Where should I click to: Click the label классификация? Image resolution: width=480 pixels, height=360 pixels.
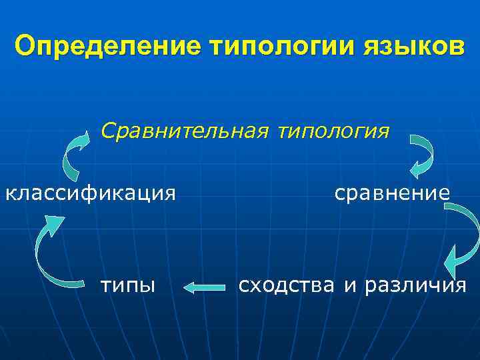coord(91,194)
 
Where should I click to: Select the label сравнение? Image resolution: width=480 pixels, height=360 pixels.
coord(392,193)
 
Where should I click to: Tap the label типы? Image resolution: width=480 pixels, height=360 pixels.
coord(127,287)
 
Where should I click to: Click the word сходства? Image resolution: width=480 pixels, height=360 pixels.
coord(287,285)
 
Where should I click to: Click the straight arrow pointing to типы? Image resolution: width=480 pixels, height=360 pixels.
coord(205,288)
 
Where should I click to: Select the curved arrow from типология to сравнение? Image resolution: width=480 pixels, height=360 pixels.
coord(421,154)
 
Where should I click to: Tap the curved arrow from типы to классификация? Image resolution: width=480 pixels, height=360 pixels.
coord(47,253)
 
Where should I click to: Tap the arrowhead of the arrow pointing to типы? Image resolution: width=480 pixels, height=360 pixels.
coord(189,288)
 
